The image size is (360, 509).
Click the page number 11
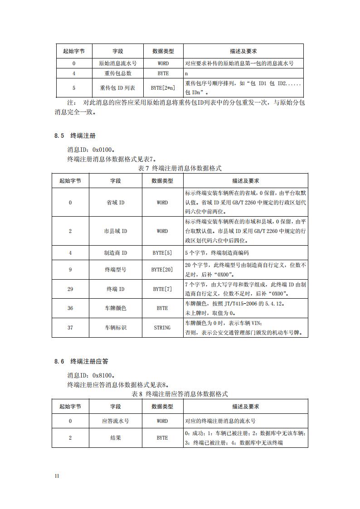(57, 476)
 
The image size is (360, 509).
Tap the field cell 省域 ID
(115, 203)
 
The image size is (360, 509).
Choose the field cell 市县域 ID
(115, 231)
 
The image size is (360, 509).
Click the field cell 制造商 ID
(115, 253)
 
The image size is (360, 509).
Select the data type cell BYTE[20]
(162, 270)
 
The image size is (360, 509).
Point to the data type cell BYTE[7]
(162, 289)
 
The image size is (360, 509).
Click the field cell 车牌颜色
(115, 308)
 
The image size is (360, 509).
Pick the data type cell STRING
(162, 327)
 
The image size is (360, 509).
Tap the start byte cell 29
(70, 289)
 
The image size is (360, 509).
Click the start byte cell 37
(70, 327)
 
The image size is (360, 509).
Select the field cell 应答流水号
(115, 421)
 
